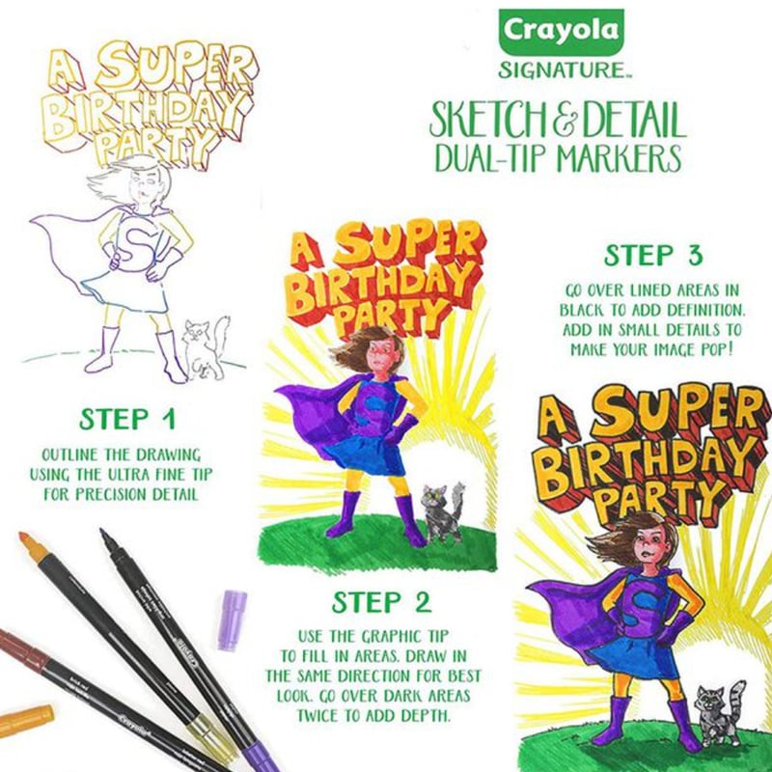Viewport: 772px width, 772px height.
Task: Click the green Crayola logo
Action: (x=562, y=32)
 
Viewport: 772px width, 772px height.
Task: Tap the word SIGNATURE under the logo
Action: (x=562, y=69)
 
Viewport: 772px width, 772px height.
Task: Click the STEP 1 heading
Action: (x=127, y=420)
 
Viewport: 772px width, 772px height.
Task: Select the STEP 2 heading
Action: (x=381, y=602)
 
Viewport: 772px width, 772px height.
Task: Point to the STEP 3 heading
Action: (x=653, y=256)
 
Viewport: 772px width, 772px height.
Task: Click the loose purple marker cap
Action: (x=232, y=620)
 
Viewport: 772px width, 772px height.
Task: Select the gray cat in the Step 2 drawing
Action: (x=443, y=512)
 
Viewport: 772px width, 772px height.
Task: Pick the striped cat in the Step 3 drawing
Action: (x=720, y=713)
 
